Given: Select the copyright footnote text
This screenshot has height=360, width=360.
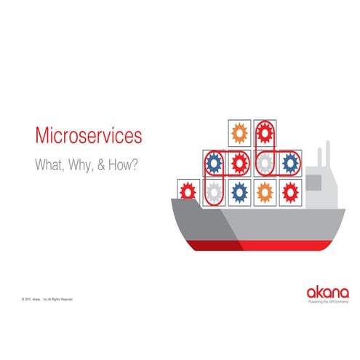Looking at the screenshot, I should coord(47,299).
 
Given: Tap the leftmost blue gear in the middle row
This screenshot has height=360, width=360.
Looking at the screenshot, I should coord(215,162).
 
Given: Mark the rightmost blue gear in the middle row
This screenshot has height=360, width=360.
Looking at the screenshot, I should coord(289,162).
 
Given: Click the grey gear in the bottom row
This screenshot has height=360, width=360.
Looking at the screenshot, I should coord(215,192).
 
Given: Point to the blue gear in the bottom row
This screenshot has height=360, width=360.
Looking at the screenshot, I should coord(239,192).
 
